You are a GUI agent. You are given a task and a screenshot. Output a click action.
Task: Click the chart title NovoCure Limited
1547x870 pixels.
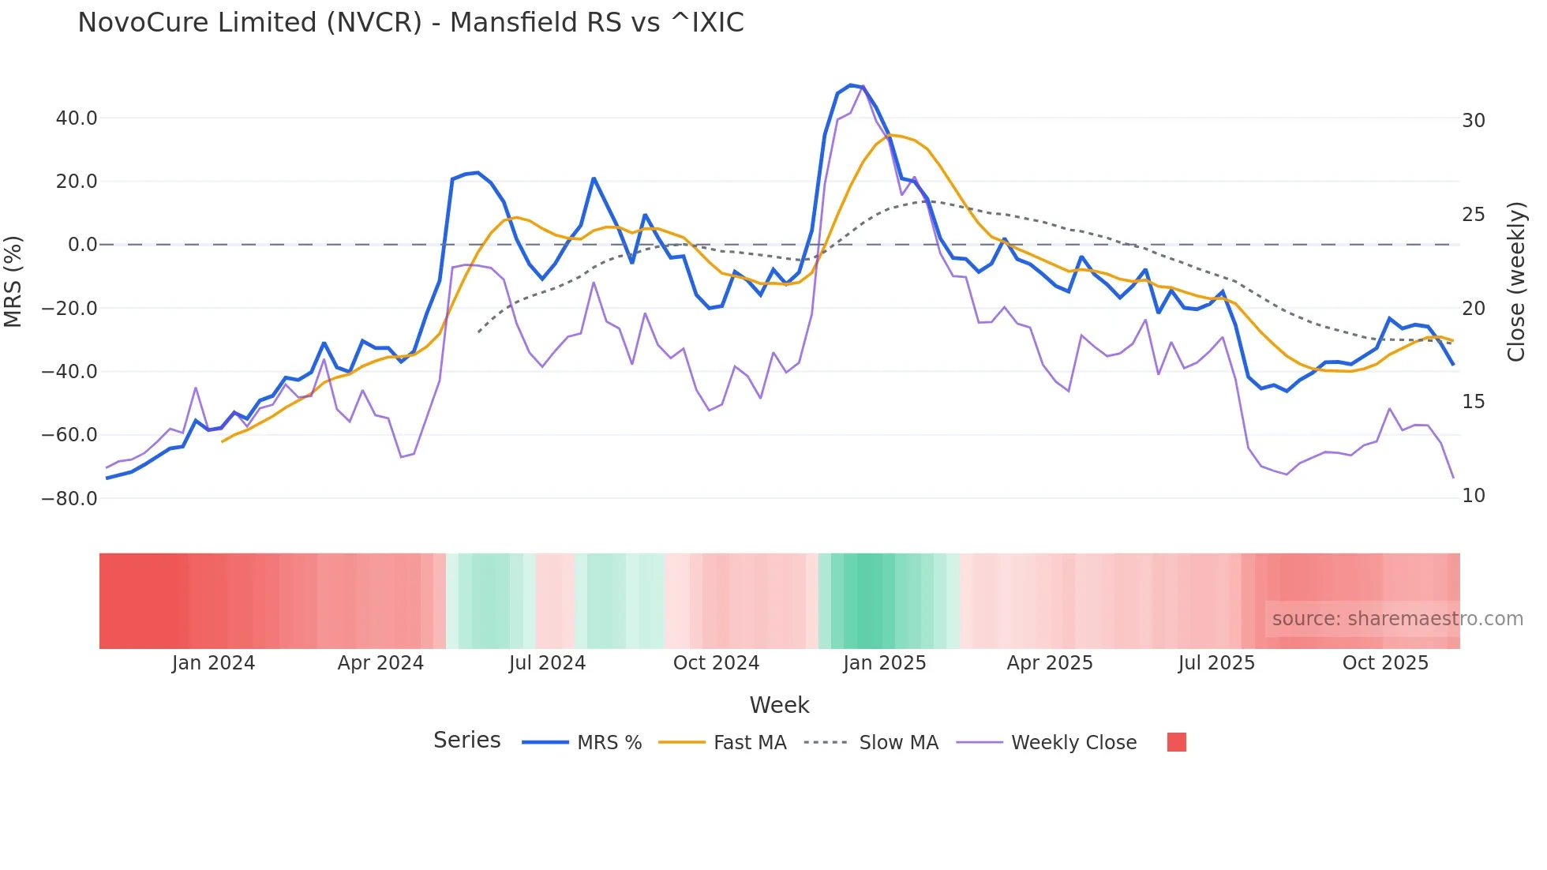click(410, 22)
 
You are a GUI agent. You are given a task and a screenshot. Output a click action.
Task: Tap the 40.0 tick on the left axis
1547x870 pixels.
click(77, 118)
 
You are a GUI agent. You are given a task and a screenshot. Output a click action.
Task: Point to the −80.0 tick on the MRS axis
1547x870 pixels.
click(69, 499)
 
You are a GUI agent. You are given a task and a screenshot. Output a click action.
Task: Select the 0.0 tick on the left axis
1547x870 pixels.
click(82, 245)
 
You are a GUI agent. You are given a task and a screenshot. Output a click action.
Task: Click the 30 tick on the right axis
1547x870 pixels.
click(1474, 121)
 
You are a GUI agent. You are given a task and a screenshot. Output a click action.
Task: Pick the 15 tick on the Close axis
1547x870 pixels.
click(1474, 402)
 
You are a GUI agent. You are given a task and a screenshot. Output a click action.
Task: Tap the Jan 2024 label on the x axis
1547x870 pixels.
click(213, 663)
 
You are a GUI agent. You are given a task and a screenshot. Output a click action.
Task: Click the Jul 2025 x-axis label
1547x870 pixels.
click(1216, 663)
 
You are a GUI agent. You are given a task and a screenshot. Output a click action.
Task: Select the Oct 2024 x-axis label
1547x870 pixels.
click(716, 663)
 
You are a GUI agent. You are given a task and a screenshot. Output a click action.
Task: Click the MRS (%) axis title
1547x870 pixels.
click(13, 281)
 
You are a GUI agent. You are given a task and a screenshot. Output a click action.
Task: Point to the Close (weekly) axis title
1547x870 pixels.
click(1516, 281)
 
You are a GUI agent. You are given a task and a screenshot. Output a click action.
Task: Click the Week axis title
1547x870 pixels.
click(779, 705)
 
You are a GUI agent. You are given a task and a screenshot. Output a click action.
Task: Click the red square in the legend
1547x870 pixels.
click(1176, 742)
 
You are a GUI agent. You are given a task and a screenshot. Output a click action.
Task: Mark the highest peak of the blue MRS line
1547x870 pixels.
click(850, 84)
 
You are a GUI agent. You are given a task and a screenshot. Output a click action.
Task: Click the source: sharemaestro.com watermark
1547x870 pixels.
click(1397, 619)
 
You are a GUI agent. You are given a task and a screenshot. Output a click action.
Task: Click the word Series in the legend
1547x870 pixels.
click(466, 741)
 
